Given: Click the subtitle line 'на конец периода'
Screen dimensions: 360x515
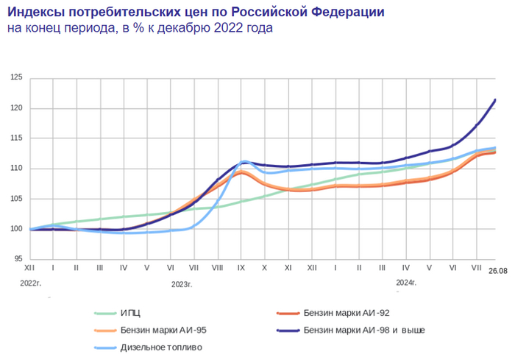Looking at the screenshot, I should [x=140, y=29].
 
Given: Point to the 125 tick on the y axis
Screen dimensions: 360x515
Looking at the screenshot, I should [x=17, y=78].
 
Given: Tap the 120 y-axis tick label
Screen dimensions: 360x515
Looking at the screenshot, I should [x=17, y=108].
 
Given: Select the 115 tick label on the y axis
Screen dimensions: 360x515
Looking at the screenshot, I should [x=17, y=138].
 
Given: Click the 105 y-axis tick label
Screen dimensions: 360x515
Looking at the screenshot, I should [x=17, y=199].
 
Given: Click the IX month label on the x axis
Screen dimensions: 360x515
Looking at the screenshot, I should [x=241, y=269].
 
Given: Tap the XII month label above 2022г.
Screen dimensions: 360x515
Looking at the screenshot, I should [x=29, y=269].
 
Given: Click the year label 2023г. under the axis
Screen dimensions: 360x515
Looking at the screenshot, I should [x=182, y=283].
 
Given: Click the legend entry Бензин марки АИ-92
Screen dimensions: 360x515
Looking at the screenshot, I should [x=350, y=313].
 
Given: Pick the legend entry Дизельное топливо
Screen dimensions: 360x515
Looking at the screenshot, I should [x=160, y=347].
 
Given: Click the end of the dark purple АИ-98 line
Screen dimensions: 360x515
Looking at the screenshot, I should [x=495, y=100].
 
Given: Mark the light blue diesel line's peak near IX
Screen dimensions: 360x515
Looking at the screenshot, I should [x=246, y=161].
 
